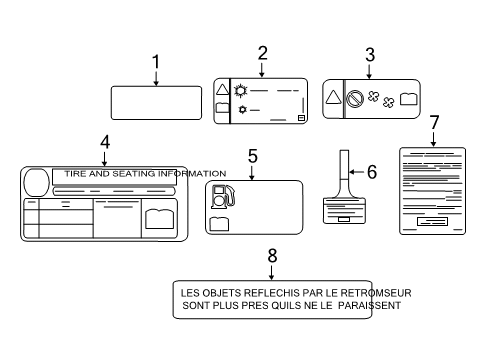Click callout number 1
pyautogui.click(x=155, y=62)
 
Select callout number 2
pyautogui.click(x=262, y=53)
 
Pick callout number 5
pyautogui.click(x=253, y=156)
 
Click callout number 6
pyautogui.click(x=371, y=171)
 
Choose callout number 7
pyautogui.click(x=434, y=122)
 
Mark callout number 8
pyautogui.click(x=271, y=256)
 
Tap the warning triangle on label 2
pyautogui.click(x=223, y=90)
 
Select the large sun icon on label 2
pyautogui.click(x=240, y=90)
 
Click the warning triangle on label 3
pyautogui.click(x=333, y=98)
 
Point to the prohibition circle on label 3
pyautogui.click(x=353, y=99)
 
